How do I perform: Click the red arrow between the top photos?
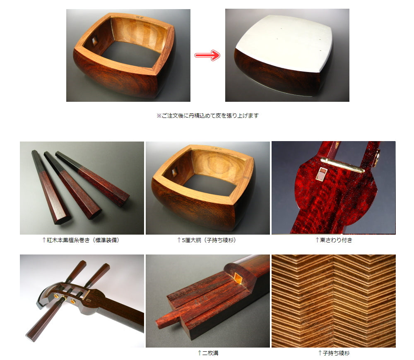(207, 55)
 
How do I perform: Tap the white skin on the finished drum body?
(284, 43)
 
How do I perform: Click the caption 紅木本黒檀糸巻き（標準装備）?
(81, 240)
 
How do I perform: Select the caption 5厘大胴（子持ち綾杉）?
(207, 240)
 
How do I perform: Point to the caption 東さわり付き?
(334, 240)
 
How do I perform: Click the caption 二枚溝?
(208, 353)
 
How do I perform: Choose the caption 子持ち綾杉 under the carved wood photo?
(334, 353)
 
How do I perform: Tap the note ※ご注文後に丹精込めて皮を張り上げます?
(207, 115)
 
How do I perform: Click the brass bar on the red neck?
(342, 165)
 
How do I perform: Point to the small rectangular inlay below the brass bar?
(321, 173)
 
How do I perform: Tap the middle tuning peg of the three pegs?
(72, 185)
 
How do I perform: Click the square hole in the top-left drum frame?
(94, 41)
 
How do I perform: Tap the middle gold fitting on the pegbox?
(64, 298)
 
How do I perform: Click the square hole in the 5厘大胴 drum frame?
(174, 172)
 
